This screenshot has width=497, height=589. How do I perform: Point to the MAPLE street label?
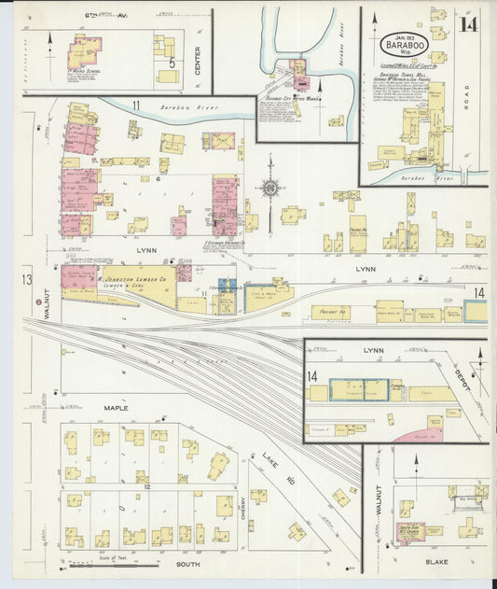coord(117,408)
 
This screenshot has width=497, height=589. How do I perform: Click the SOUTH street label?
coord(187,565)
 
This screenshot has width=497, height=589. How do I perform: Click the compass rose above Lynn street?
coord(269,188)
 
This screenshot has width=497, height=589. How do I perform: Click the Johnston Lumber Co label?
coord(136,278)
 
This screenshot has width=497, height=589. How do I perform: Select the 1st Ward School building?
coord(85,51)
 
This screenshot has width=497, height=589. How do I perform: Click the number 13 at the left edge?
coord(28,280)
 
